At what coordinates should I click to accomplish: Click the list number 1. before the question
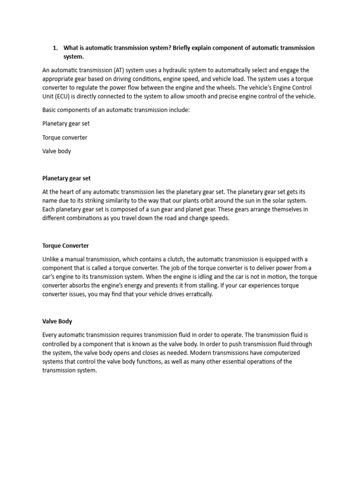(55, 48)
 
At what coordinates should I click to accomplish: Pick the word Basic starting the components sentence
(50, 110)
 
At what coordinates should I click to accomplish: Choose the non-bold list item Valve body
(57, 151)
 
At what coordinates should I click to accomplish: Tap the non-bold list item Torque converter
(65, 138)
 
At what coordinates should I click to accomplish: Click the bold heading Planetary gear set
(66, 179)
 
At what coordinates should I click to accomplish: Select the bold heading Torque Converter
(65, 246)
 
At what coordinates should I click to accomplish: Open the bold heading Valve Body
(57, 322)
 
